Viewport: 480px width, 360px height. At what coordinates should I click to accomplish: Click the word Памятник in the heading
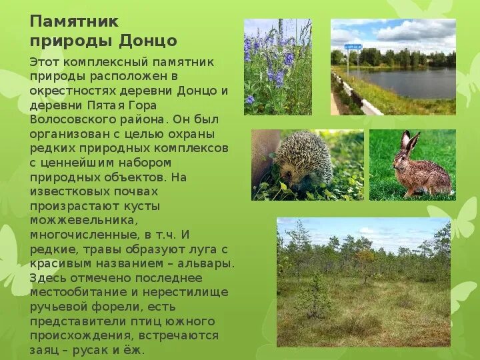(x=73, y=21)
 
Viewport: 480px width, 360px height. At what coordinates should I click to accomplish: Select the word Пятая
(x=105, y=105)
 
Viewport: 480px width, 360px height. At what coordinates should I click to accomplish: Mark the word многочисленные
(x=83, y=235)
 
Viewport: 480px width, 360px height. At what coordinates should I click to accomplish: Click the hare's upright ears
(x=407, y=141)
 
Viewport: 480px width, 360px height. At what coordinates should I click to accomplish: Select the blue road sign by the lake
(x=353, y=47)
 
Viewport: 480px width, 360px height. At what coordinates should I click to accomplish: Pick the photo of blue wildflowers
(x=277, y=67)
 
